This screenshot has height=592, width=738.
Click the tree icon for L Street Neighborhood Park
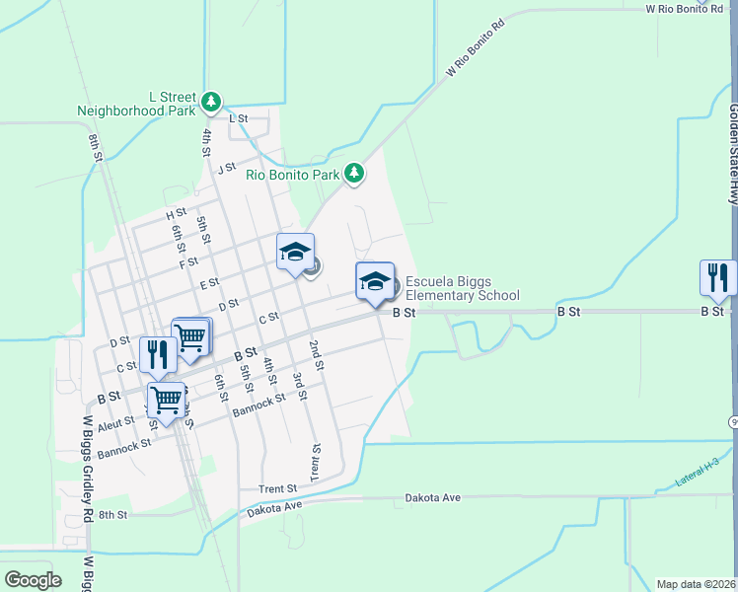210,101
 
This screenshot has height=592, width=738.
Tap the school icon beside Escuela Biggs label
375,281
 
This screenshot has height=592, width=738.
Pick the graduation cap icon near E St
295,253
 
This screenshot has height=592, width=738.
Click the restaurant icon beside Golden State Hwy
717,277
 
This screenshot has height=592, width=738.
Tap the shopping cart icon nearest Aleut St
167,401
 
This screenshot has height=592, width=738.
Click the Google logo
33,580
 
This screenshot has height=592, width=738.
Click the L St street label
238,118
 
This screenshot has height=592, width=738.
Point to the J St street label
228,168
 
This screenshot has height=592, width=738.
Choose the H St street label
177,214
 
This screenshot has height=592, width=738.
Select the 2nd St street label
316,355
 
